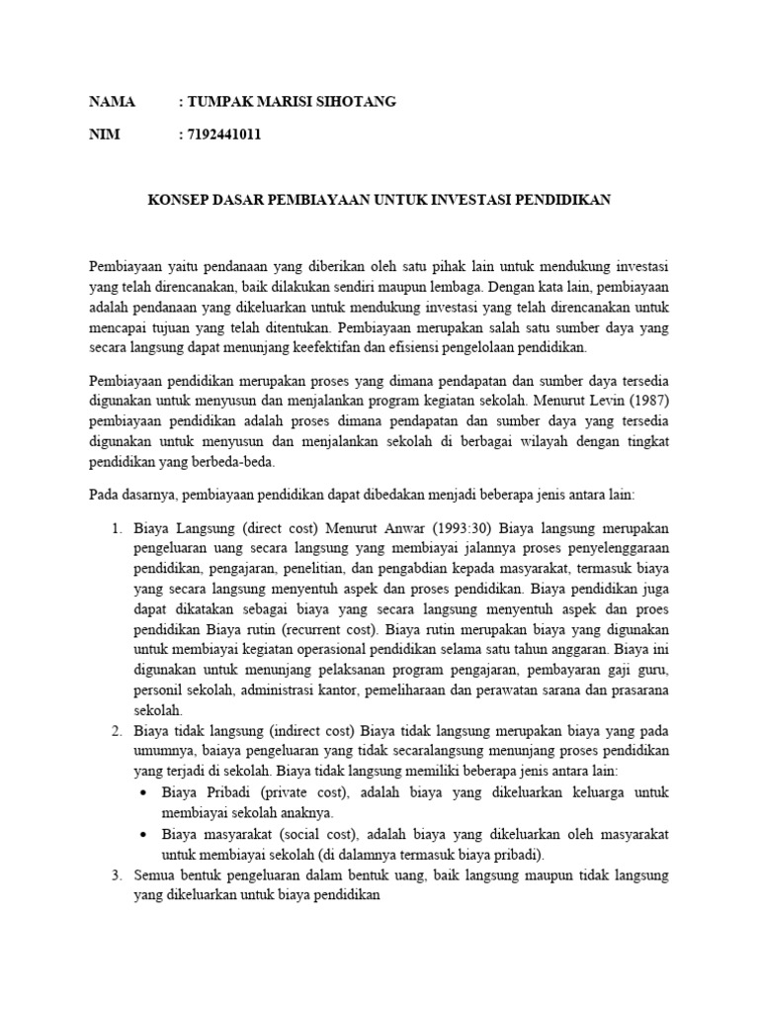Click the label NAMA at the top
click(x=111, y=102)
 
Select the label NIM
click(x=104, y=135)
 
